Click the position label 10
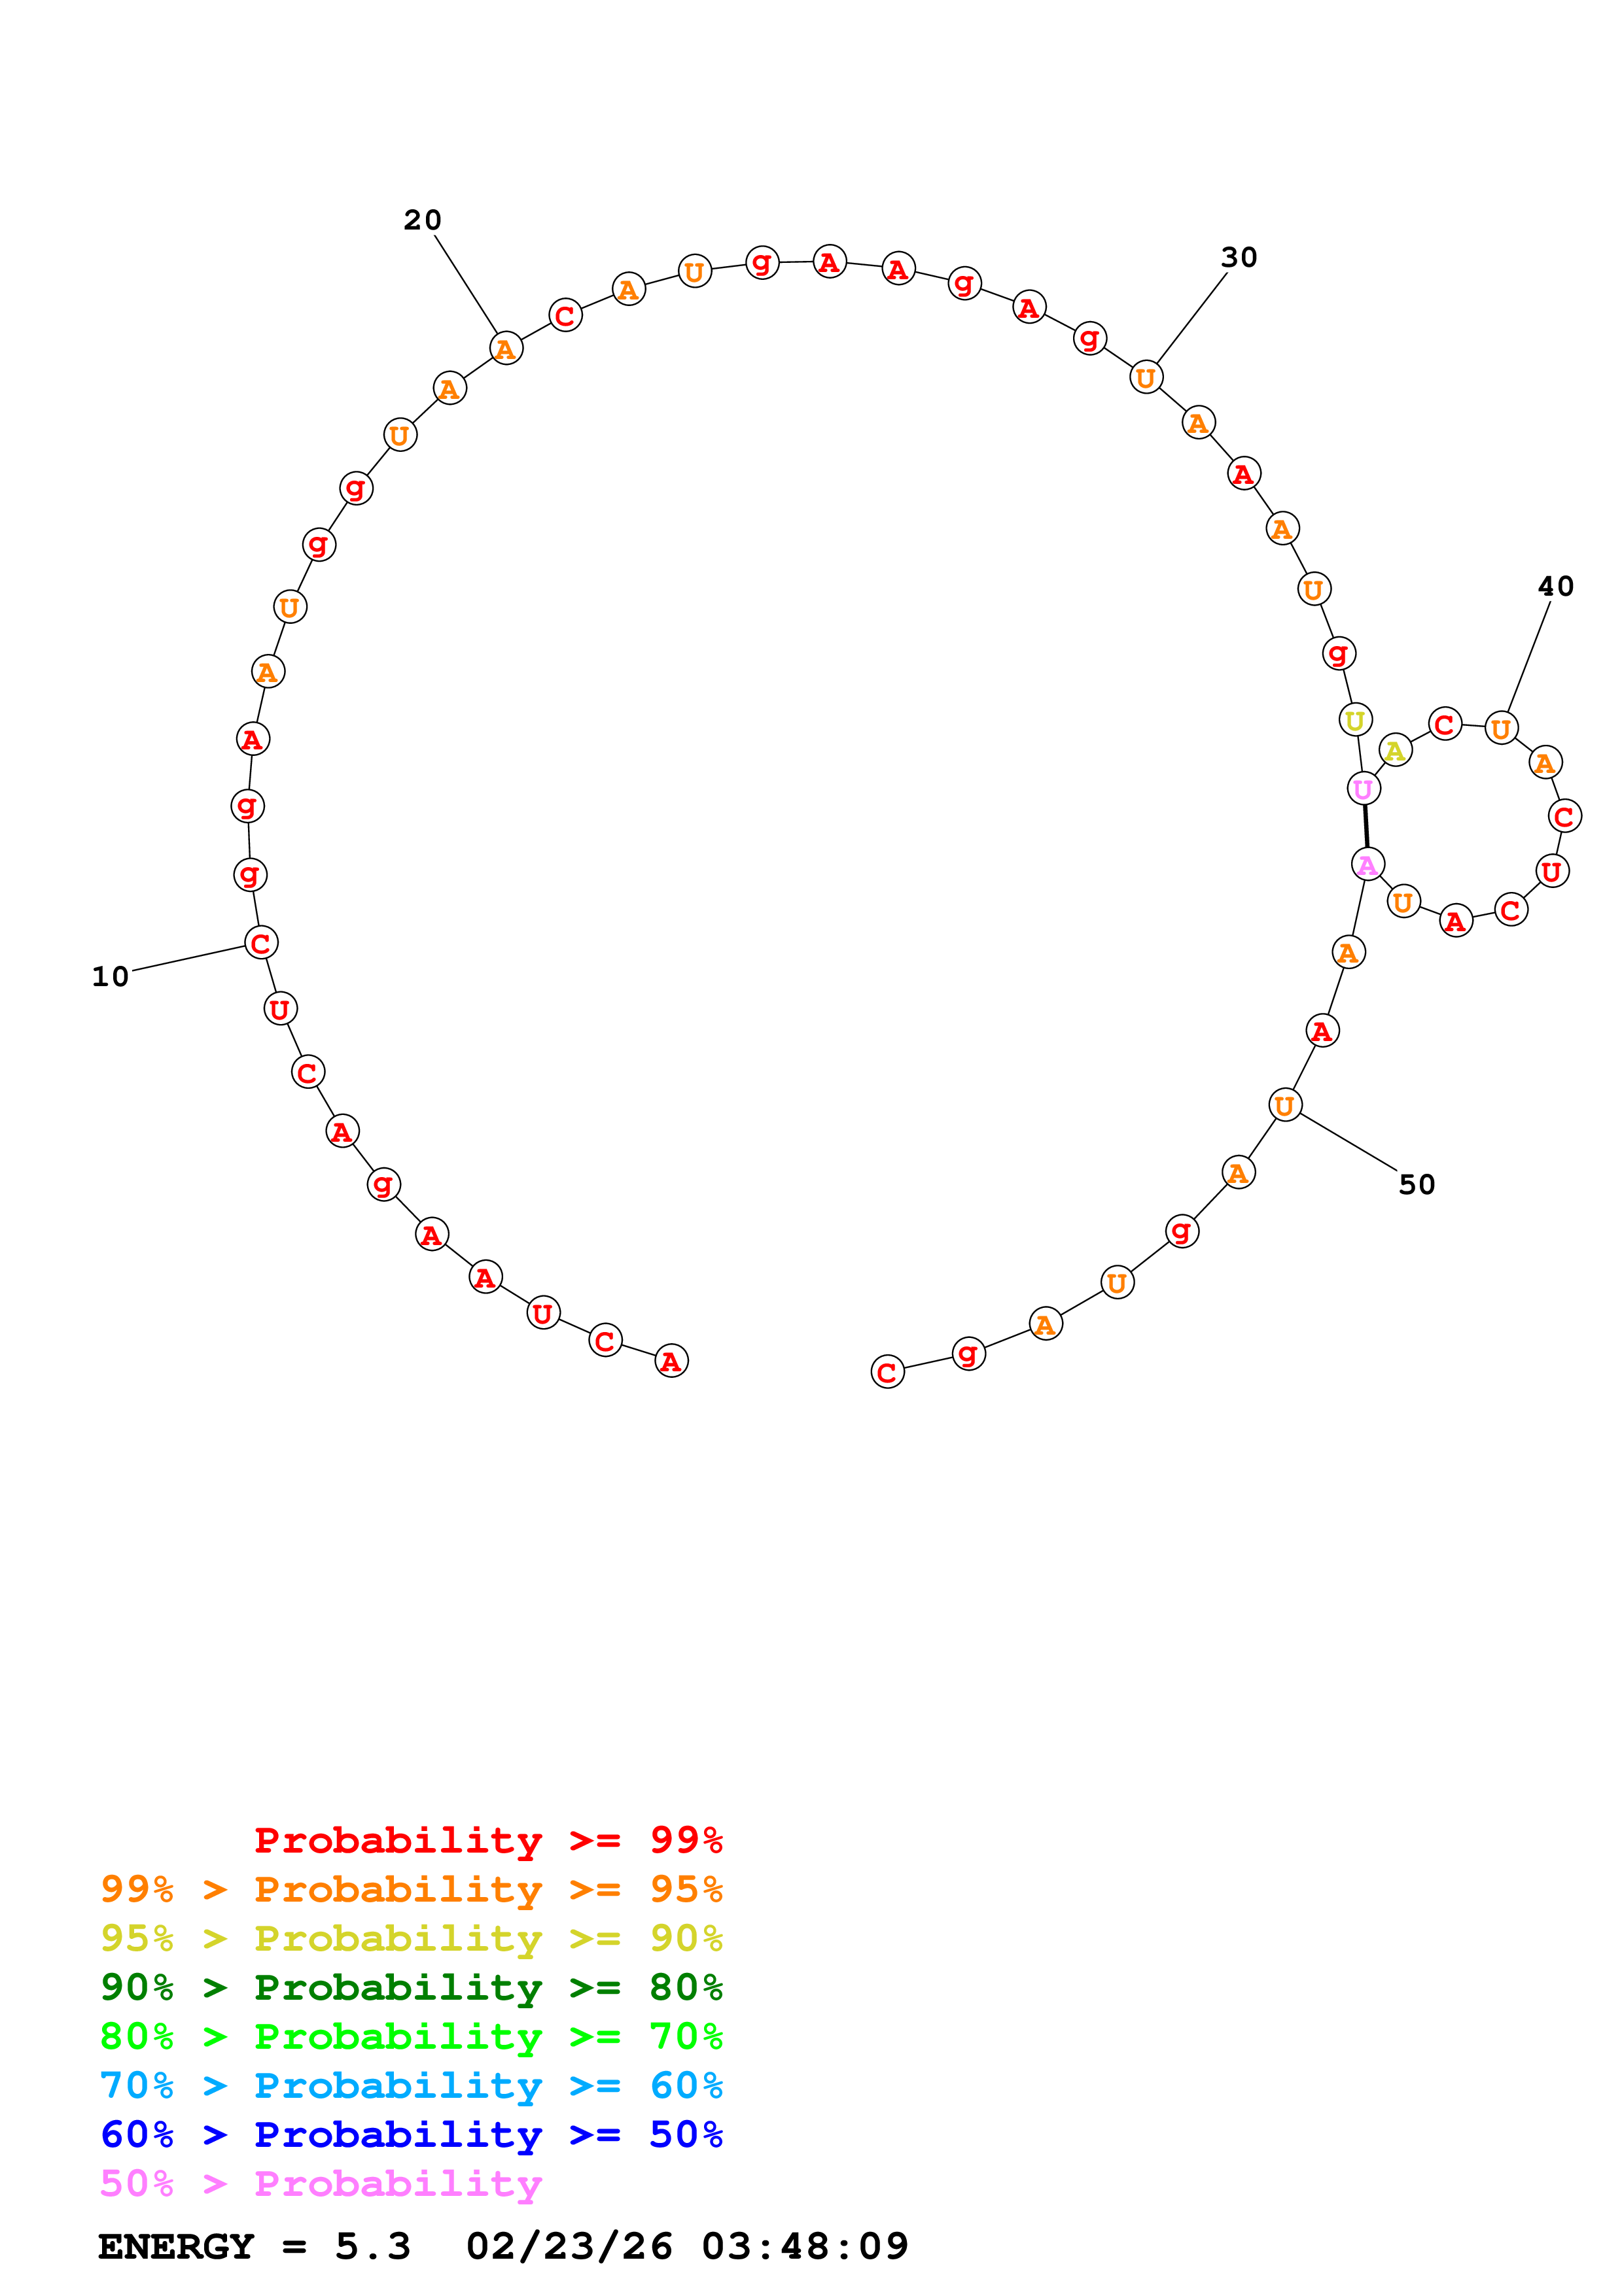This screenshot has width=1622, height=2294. point(110,976)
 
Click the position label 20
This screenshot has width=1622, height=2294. point(422,220)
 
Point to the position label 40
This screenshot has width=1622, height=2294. point(1555,587)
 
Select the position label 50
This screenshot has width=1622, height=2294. point(1416,1184)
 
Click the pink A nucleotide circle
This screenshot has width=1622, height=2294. point(1367,865)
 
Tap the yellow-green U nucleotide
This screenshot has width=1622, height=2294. point(1355,719)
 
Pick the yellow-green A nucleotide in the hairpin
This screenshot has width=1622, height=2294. point(1395,749)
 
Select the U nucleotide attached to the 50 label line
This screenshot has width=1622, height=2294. point(1285,1105)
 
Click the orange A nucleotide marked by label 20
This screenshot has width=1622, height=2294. point(506,349)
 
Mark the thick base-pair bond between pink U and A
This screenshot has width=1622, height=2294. point(1365,827)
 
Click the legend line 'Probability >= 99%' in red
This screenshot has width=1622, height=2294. point(487,1840)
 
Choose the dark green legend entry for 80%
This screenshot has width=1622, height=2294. point(411,1987)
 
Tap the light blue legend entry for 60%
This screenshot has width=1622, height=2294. point(411,2085)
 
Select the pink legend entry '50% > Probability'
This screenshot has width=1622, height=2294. point(320,2183)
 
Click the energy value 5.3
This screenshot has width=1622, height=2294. point(372,2246)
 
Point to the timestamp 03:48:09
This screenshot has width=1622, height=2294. point(805,2246)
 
